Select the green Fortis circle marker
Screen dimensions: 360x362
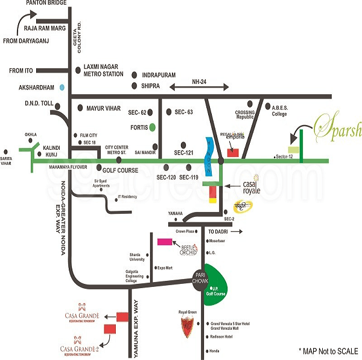[x=153, y=127]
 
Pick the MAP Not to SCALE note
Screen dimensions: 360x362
[x=328, y=350]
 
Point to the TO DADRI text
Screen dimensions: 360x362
[x=220, y=231]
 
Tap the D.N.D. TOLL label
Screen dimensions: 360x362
[x=40, y=103]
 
